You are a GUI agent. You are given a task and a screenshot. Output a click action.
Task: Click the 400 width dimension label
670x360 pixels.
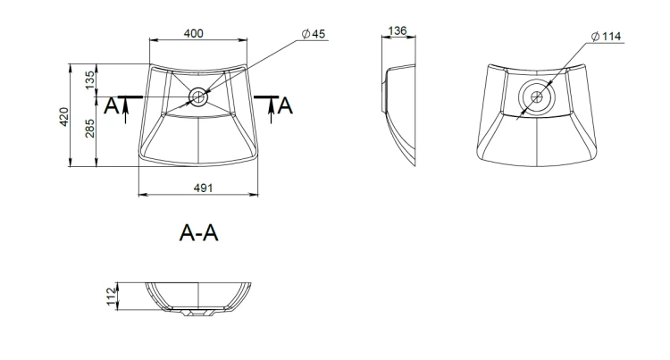194,33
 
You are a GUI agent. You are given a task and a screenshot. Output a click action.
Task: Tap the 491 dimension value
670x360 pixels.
203,188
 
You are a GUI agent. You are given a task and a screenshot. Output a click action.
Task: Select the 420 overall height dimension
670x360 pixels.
63,117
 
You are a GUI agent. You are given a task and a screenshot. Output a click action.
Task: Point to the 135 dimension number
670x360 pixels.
90,80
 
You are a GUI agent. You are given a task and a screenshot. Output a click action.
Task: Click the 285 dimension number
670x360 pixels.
90,128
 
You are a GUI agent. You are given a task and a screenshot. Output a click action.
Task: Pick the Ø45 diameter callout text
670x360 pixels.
314,34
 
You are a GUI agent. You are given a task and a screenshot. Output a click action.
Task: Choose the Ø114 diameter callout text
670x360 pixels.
607,37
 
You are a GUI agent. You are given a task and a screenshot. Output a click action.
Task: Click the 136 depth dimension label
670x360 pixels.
398,30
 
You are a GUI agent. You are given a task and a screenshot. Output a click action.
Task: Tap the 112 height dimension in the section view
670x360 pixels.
112,297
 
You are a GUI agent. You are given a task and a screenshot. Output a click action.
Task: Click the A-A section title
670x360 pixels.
198,233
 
